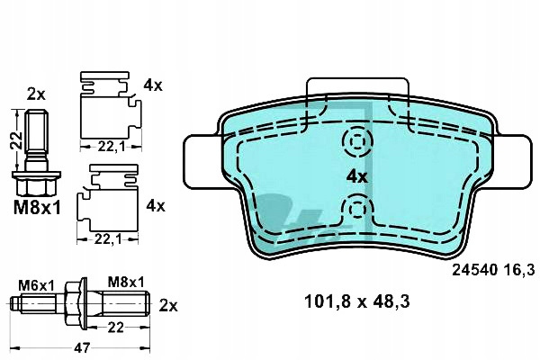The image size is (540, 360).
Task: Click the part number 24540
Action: [x=475, y=270]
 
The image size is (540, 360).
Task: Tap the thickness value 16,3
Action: [x=519, y=270]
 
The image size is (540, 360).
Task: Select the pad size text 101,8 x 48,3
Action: [x=356, y=302]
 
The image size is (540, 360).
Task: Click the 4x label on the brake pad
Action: [x=357, y=177]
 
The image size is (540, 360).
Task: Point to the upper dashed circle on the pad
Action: [x=357, y=141]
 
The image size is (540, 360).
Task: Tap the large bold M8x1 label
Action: [x=37, y=208]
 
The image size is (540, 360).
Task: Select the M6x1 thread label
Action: [x=36, y=285]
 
